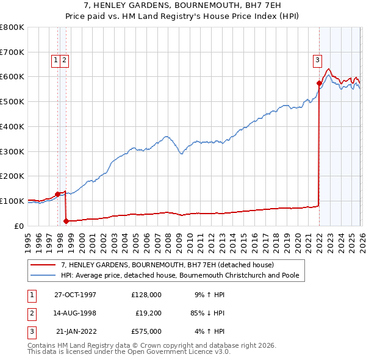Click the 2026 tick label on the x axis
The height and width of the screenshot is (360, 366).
click(359, 238)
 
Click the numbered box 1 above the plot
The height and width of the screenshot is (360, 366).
click(56, 60)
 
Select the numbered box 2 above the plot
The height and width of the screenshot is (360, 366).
click(64, 60)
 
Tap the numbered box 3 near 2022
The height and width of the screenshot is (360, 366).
click(318, 60)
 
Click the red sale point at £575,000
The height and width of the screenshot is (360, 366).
click(319, 82)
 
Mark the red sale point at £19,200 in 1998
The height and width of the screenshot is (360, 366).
click(66, 221)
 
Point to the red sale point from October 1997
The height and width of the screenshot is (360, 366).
click(57, 194)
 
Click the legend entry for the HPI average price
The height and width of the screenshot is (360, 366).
click(179, 275)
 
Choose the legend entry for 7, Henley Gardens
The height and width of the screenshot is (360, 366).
click(168, 265)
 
